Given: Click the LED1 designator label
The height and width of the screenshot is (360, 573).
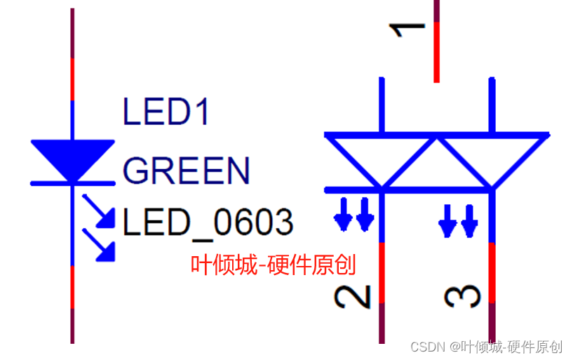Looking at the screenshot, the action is (x=166, y=112).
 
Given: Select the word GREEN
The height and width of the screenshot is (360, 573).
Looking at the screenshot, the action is (x=186, y=171).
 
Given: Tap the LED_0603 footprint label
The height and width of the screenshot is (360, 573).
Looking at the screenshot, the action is (x=208, y=223).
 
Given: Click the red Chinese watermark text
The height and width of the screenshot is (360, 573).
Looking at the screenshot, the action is (x=274, y=265).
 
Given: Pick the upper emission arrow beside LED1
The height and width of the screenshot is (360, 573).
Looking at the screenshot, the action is (x=100, y=213).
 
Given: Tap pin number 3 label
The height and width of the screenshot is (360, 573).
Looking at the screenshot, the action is (x=463, y=296).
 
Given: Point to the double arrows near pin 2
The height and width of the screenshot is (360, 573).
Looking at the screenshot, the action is (x=354, y=215).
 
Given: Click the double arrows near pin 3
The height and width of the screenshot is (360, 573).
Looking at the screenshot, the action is (x=459, y=219).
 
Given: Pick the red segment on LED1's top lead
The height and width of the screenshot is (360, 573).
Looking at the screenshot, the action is (x=73, y=79).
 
